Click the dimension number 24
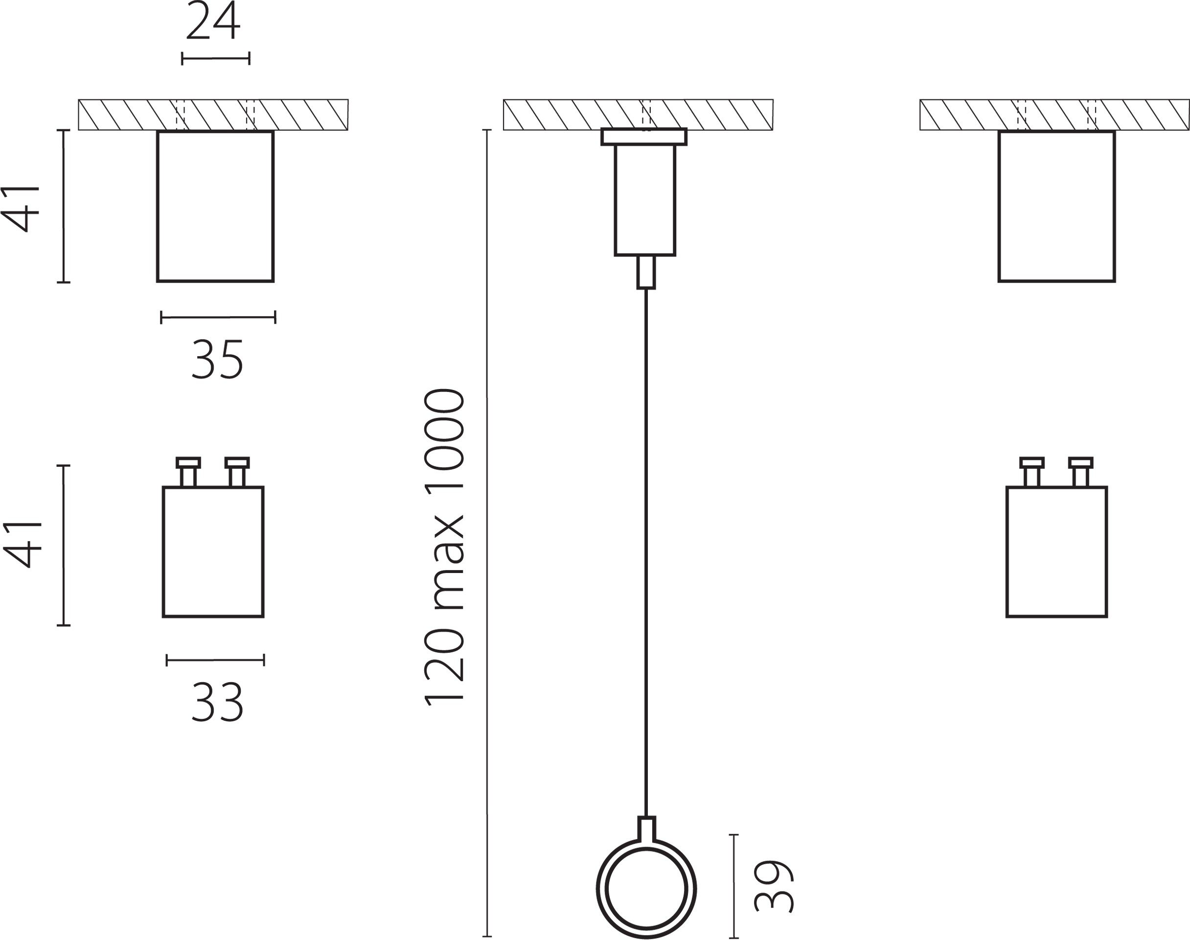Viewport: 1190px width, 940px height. point(213,21)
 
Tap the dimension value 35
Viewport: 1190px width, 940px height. point(217,359)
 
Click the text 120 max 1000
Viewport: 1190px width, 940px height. point(444,547)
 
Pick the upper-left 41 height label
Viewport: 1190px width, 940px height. point(22,209)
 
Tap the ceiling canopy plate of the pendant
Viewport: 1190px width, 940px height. point(644,137)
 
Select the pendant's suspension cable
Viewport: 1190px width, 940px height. point(646,552)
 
